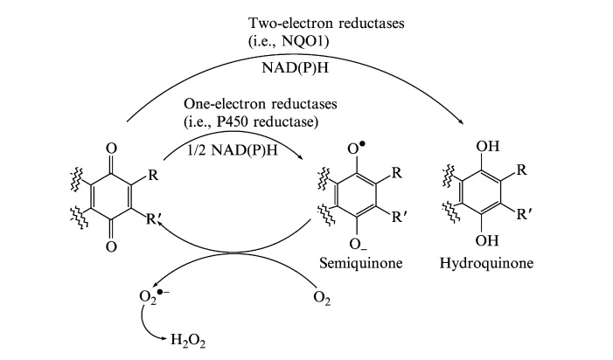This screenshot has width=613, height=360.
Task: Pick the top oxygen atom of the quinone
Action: point(111,149)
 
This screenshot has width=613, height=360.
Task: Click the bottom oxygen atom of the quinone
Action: point(111,246)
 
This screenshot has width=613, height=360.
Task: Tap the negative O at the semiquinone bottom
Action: point(353,238)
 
